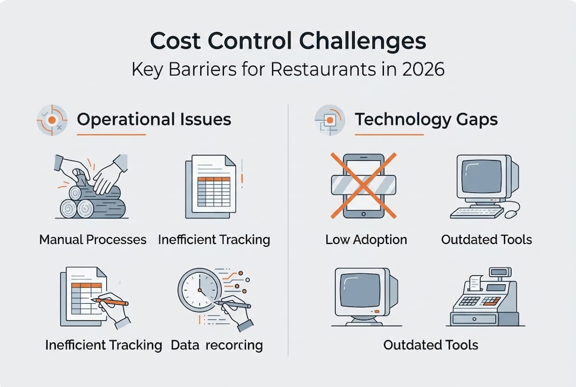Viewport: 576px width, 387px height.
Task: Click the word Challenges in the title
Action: [362, 41]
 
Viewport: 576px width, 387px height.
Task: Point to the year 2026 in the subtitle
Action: [423, 69]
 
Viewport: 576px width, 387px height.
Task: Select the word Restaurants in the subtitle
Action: [323, 69]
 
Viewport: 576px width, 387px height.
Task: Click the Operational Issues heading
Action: [154, 119]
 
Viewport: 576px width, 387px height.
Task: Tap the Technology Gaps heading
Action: [426, 119]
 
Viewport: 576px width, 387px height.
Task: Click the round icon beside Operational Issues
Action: [52, 120]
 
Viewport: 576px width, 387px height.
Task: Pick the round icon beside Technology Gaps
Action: [330, 120]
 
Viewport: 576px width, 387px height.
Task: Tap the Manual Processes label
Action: [92, 240]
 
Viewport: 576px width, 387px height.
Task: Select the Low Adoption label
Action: [366, 240]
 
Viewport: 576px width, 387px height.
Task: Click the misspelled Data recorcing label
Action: [217, 345]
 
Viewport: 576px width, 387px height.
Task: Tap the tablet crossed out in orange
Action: [363, 186]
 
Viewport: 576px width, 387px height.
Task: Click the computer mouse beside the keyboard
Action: [512, 212]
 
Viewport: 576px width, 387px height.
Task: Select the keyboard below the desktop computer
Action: [477, 213]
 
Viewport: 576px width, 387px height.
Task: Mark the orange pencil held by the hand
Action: [110, 302]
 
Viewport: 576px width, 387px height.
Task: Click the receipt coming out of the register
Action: [475, 283]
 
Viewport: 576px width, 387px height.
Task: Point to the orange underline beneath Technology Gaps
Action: [389, 134]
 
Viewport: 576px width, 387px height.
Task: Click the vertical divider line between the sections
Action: [288, 230]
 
